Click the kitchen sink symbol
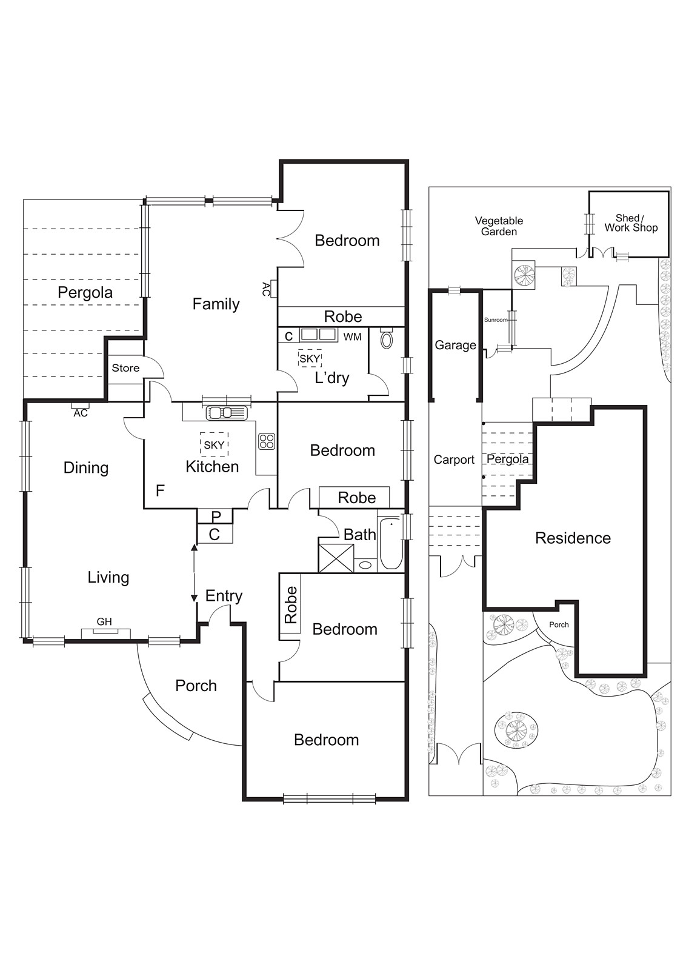(x=227, y=413)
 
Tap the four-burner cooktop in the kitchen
(x=267, y=441)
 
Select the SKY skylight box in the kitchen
(x=214, y=444)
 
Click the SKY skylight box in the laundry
(x=310, y=359)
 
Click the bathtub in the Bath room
(x=391, y=543)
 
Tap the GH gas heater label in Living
(x=104, y=621)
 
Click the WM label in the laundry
(x=352, y=336)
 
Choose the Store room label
(x=125, y=368)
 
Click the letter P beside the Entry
(x=216, y=517)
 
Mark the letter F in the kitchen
(x=160, y=490)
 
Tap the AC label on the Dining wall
(x=81, y=413)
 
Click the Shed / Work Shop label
(x=630, y=223)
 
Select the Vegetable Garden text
(x=499, y=226)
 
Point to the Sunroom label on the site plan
(x=495, y=319)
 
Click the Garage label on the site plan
(x=455, y=345)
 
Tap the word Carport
(x=454, y=460)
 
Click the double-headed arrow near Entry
(x=194, y=573)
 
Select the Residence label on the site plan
(x=573, y=538)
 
